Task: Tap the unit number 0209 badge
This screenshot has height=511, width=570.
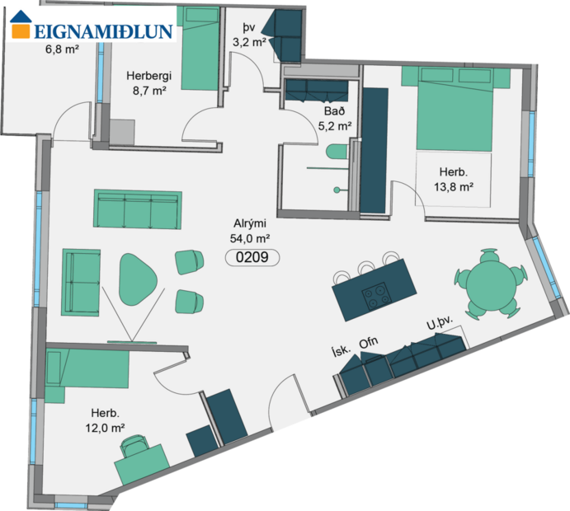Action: [x=252, y=257]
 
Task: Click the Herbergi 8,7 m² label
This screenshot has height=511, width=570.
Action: [x=147, y=83]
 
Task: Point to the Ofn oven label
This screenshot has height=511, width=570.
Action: [x=369, y=342]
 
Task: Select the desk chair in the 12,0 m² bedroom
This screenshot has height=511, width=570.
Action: [x=134, y=447]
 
